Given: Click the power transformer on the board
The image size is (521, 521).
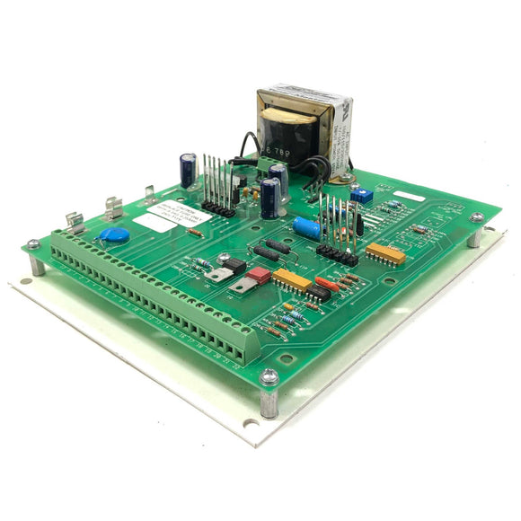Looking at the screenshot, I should (x=297, y=121).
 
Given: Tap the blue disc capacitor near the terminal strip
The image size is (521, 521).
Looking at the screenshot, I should (x=114, y=236).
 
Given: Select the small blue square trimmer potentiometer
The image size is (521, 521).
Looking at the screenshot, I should (x=362, y=194).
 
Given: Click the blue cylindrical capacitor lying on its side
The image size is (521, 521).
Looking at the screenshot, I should (x=306, y=228).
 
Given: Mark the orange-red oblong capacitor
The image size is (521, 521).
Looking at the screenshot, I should (x=328, y=284).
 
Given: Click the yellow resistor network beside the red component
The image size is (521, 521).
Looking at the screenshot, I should (x=292, y=280).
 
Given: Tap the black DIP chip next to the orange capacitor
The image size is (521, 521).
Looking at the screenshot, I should (x=317, y=292).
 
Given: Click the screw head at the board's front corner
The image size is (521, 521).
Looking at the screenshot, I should (x=269, y=379).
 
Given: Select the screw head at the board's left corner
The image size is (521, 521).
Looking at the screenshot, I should (x=33, y=243).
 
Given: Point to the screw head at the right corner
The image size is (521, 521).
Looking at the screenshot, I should (x=476, y=217).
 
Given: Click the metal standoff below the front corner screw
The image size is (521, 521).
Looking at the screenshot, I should (x=269, y=403).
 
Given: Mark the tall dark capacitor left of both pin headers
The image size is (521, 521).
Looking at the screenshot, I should (x=188, y=168).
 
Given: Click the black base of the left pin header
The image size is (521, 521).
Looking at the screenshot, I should (x=218, y=208).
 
